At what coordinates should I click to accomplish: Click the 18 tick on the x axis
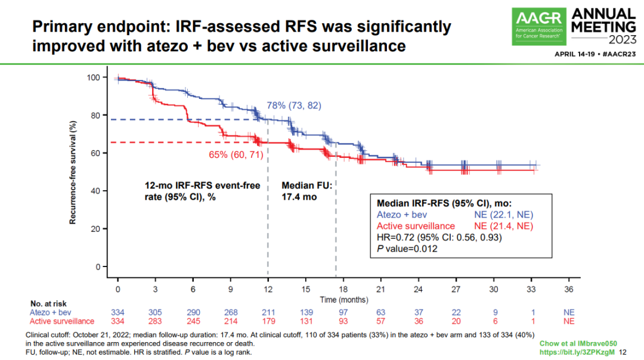343,288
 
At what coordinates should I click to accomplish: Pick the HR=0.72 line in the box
439,237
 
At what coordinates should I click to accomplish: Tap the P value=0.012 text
408,249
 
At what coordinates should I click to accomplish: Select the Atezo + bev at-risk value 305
156,312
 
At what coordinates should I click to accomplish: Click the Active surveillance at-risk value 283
156,321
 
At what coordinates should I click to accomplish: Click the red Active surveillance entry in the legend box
416,226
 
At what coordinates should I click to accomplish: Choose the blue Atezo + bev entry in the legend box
402,215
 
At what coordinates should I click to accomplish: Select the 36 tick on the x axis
569,288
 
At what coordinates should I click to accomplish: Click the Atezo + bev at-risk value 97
343,312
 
